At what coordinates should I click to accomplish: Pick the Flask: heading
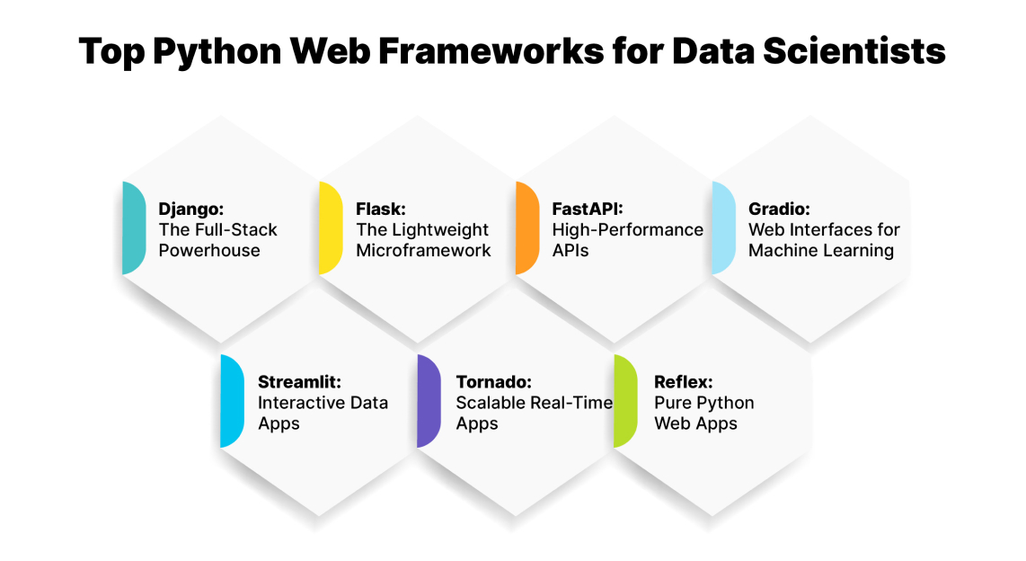point(381,209)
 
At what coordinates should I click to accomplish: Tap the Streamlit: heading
point(298,381)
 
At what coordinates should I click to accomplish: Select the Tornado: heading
point(491,381)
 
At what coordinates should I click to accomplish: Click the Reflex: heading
point(684,381)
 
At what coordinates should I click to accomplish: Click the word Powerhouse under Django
point(209,251)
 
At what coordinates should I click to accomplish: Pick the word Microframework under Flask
point(423,251)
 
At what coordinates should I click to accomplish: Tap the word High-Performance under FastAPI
point(627,229)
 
